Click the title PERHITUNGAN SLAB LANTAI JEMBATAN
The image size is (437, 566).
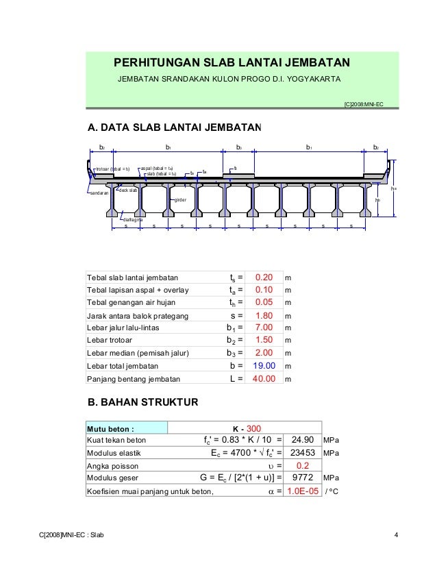232,64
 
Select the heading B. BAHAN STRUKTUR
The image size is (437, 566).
141,402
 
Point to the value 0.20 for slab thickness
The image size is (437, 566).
264,278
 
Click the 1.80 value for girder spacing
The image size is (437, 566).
264,315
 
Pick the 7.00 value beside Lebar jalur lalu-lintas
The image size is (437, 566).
264,328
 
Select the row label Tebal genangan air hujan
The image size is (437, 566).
131,303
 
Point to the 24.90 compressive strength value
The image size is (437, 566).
302,440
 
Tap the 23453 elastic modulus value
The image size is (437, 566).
302,453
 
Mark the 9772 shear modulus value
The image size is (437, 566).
302,478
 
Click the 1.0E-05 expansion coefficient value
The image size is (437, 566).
302,491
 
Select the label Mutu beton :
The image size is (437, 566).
109,428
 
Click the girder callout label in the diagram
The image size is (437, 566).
181,200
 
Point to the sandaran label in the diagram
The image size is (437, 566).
100,193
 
